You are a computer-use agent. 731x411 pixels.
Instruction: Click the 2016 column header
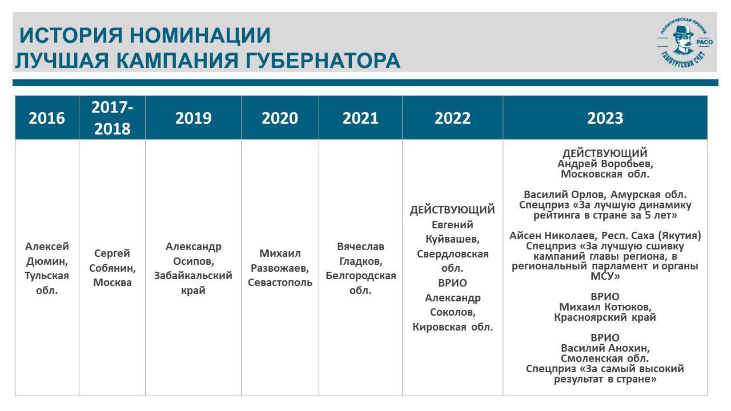pyautogui.click(x=47, y=118)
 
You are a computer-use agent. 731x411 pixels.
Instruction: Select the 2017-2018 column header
pyautogui.click(x=113, y=118)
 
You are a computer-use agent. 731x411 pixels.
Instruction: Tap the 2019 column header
pyautogui.click(x=193, y=118)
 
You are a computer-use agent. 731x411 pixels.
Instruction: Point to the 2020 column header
pyautogui.click(x=280, y=118)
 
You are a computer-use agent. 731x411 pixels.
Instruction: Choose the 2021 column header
pyautogui.click(x=360, y=118)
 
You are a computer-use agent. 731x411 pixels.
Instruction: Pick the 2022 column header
pyautogui.click(x=453, y=118)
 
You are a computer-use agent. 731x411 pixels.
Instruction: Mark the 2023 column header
pyautogui.click(x=605, y=118)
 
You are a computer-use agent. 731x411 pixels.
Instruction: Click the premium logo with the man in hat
pyautogui.click(x=684, y=42)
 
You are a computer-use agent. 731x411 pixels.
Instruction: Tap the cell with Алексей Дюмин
pyautogui.click(x=47, y=268)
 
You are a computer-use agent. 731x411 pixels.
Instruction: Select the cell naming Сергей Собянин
pyautogui.click(x=113, y=268)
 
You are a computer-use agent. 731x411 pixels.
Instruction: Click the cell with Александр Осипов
pyautogui.click(x=193, y=268)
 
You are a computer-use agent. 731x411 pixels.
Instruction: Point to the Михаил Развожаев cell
pyautogui.click(x=280, y=268)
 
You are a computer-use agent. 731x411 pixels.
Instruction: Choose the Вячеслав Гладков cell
pyautogui.click(x=360, y=268)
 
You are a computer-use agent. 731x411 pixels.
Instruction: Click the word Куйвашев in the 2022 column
pyautogui.click(x=453, y=239)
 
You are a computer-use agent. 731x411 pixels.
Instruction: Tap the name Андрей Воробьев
pyautogui.click(x=605, y=164)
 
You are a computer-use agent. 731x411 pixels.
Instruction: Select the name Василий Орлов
pyautogui.click(x=565, y=195)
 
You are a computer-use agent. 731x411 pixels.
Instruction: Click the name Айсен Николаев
pyautogui.click(x=553, y=236)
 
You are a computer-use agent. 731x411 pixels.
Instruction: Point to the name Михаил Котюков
pyautogui.click(x=605, y=307)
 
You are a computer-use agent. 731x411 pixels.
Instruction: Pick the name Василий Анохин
pyautogui.click(x=605, y=348)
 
